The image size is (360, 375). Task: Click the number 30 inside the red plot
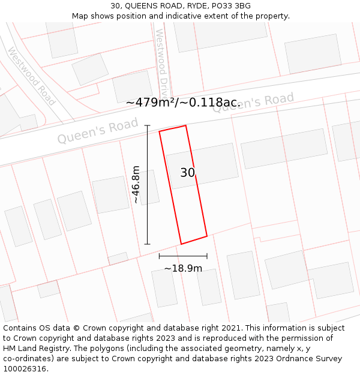click(x=187, y=173)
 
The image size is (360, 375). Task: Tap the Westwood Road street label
click(x=31, y=76)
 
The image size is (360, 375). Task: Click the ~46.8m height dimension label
click(x=136, y=185)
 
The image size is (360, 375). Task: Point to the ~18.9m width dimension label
click(x=183, y=268)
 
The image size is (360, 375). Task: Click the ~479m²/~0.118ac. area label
click(x=183, y=103)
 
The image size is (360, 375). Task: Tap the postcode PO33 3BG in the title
click(x=230, y=6)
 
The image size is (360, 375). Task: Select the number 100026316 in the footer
click(x=26, y=369)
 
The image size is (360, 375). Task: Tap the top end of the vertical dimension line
click(x=148, y=125)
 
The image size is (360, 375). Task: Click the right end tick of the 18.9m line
click(x=207, y=256)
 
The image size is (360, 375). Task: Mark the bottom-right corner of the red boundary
click(x=206, y=236)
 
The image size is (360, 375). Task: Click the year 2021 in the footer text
click(x=230, y=328)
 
